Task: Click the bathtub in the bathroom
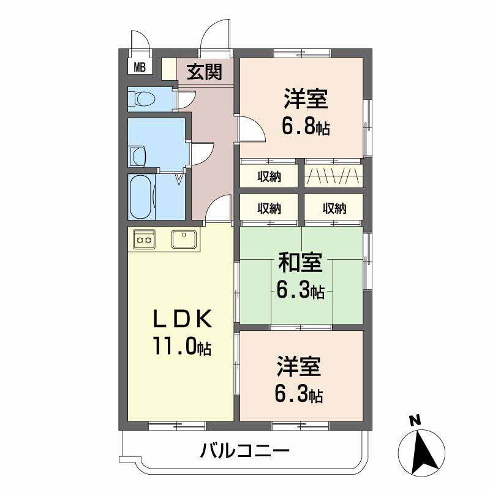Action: (141, 196)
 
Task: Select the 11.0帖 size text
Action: (182, 347)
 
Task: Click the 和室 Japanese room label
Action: (300, 263)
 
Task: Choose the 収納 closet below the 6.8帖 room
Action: (269, 177)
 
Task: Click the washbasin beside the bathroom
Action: (137, 156)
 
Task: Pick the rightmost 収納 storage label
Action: (334, 208)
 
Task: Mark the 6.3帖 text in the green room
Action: (300, 291)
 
